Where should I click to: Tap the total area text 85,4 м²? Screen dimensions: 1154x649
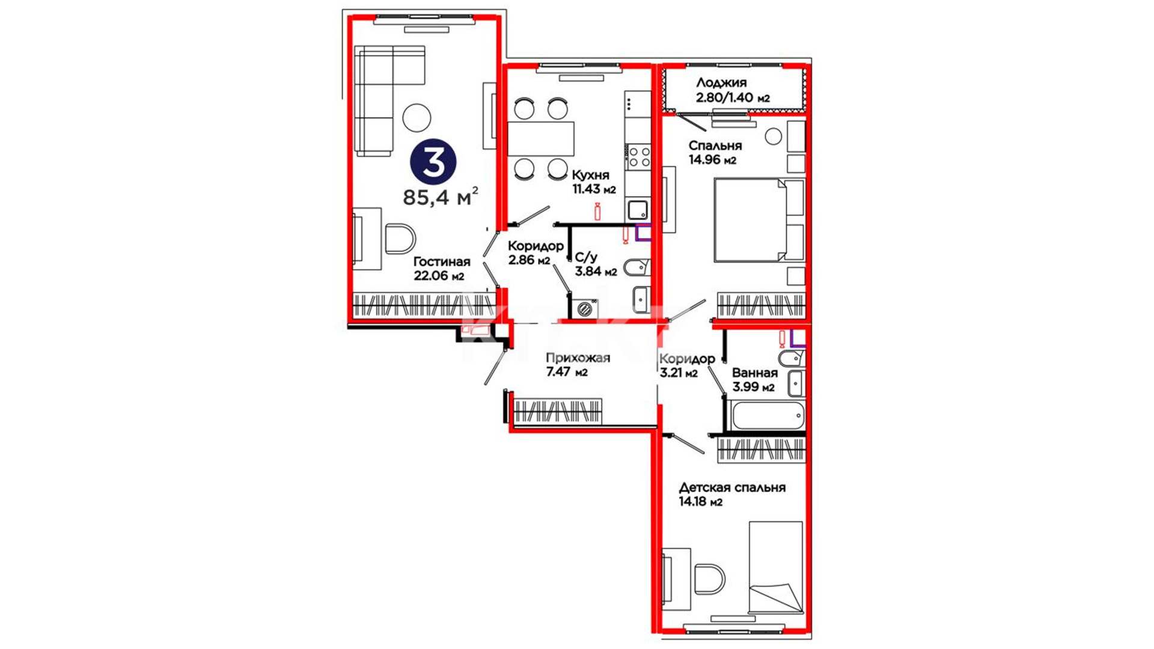click(441, 197)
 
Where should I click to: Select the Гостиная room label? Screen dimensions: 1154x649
click(442, 262)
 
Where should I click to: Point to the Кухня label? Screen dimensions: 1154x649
click(590, 175)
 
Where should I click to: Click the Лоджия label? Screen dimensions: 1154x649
click(721, 83)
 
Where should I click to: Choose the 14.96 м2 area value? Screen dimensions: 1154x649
click(712, 160)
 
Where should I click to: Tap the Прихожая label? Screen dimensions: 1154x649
click(578, 358)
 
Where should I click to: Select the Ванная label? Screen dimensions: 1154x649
click(754, 373)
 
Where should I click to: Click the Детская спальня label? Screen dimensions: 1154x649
click(732, 487)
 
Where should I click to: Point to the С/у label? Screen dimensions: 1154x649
click(586, 258)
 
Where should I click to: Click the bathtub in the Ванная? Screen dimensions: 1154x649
click(768, 416)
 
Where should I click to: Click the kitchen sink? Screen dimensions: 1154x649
click(638, 210)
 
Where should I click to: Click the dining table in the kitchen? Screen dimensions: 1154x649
click(541, 139)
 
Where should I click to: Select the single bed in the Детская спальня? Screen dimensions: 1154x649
click(776, 567)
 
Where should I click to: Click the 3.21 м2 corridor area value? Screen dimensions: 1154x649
click(679, 373)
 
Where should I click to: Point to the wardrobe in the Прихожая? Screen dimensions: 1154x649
click(557, 411)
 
